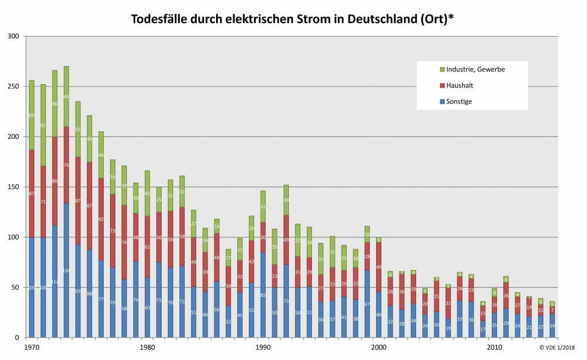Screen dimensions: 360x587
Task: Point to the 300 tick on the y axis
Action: [x=13, y=37]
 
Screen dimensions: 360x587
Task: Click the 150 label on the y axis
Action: [x=13, y=187]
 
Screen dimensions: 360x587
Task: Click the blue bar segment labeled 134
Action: [x=66, y=270]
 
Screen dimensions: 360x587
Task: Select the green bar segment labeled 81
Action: [x=43, y=125]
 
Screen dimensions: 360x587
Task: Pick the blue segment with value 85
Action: [x=263, y=295]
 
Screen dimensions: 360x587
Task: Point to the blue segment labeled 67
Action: [x=367, y=304]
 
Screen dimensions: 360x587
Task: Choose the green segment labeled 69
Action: [x=32, y=115]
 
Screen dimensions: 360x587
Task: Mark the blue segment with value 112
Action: [x=54, y=281]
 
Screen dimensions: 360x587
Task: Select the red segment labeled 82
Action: [x=101, y=219]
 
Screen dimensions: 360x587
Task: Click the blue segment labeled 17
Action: [x=483, y=329]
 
